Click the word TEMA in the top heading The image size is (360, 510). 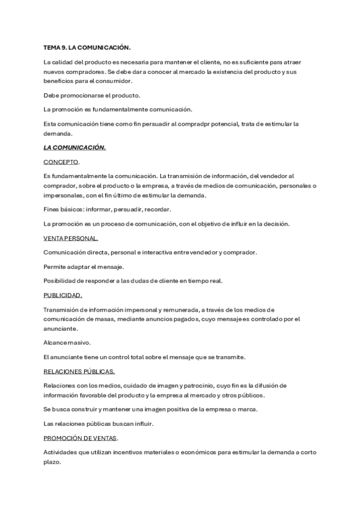52,47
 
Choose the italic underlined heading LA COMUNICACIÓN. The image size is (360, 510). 75,147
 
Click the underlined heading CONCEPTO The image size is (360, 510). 61,162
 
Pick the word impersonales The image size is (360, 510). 63,195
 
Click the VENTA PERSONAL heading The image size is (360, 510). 70,238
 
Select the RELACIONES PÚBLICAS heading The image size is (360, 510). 79,371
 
